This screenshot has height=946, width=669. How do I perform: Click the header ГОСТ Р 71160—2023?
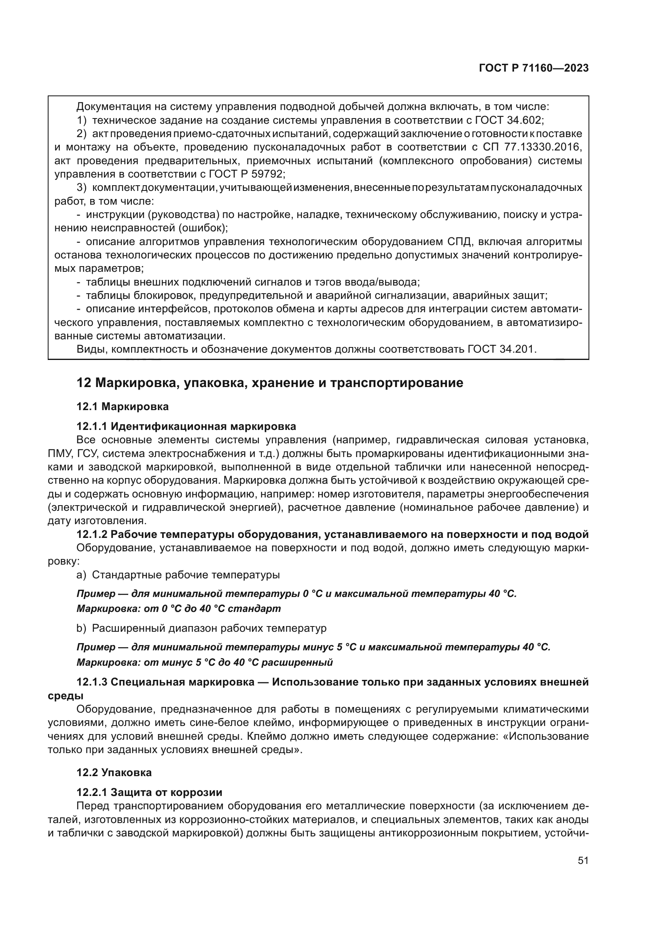534,68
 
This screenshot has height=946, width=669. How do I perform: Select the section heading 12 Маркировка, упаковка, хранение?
270,383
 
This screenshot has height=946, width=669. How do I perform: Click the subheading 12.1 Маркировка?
122,406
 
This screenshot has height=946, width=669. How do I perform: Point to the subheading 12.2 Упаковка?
114,772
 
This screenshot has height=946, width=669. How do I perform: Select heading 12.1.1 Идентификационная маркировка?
186,426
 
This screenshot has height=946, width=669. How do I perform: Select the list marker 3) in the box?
82,188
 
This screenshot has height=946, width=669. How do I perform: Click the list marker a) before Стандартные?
81,574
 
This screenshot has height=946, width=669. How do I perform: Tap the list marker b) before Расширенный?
81,629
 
